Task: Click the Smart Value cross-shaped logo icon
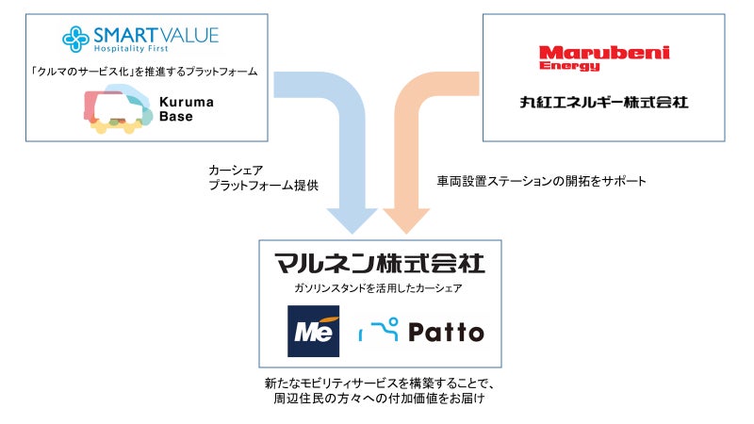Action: tap(76, 38)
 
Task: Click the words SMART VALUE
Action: tap(156, 35)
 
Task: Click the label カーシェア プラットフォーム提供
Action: tap(263, 179)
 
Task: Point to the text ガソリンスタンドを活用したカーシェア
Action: tap(377, 289)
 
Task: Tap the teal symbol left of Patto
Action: tap(382, 330)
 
